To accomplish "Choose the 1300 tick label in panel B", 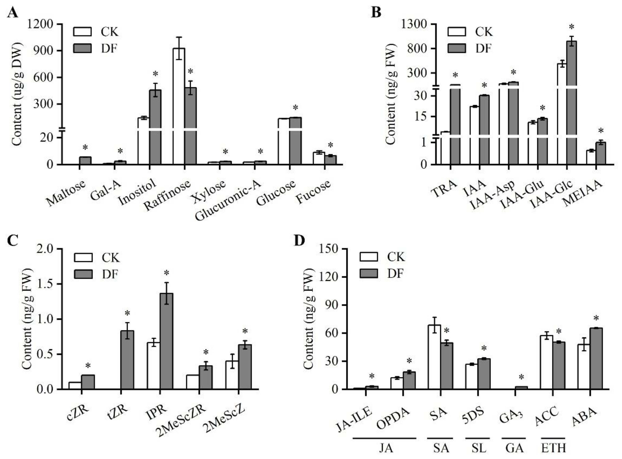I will pos(415,24).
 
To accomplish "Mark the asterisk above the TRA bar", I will pos(455,76).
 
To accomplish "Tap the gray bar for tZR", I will pos(127,360).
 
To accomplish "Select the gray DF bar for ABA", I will pos(596,358).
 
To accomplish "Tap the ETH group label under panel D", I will pos(553,448).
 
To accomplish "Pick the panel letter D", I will pos(299,241).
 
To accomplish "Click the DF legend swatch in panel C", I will pos(83,274).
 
